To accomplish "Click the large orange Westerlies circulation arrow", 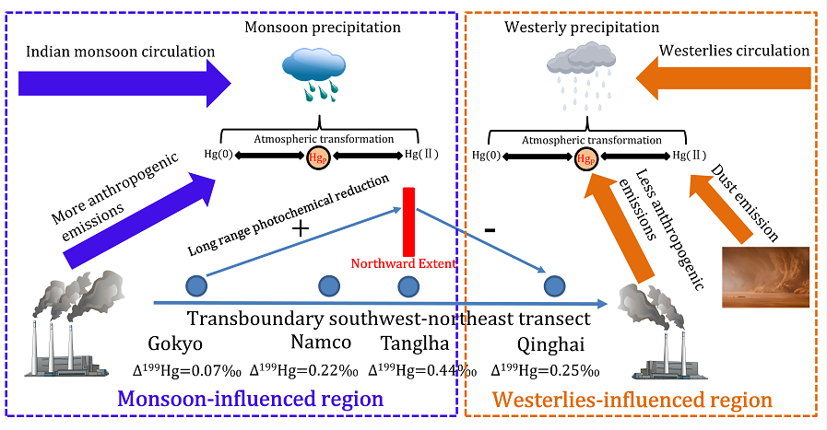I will point(728,84).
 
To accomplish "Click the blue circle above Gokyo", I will point(195,286).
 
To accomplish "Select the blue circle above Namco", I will point(328,286).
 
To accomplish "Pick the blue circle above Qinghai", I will point(553,286).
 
